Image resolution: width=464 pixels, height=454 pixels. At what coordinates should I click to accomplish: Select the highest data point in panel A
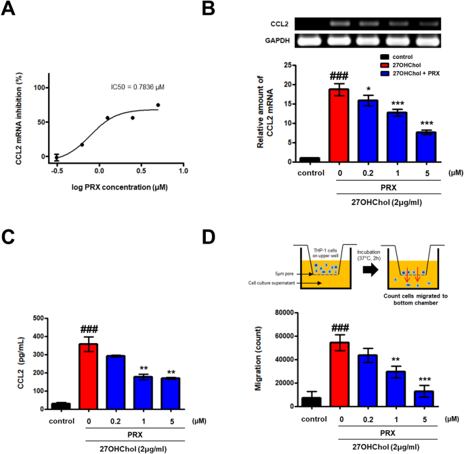pos(158,105)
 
